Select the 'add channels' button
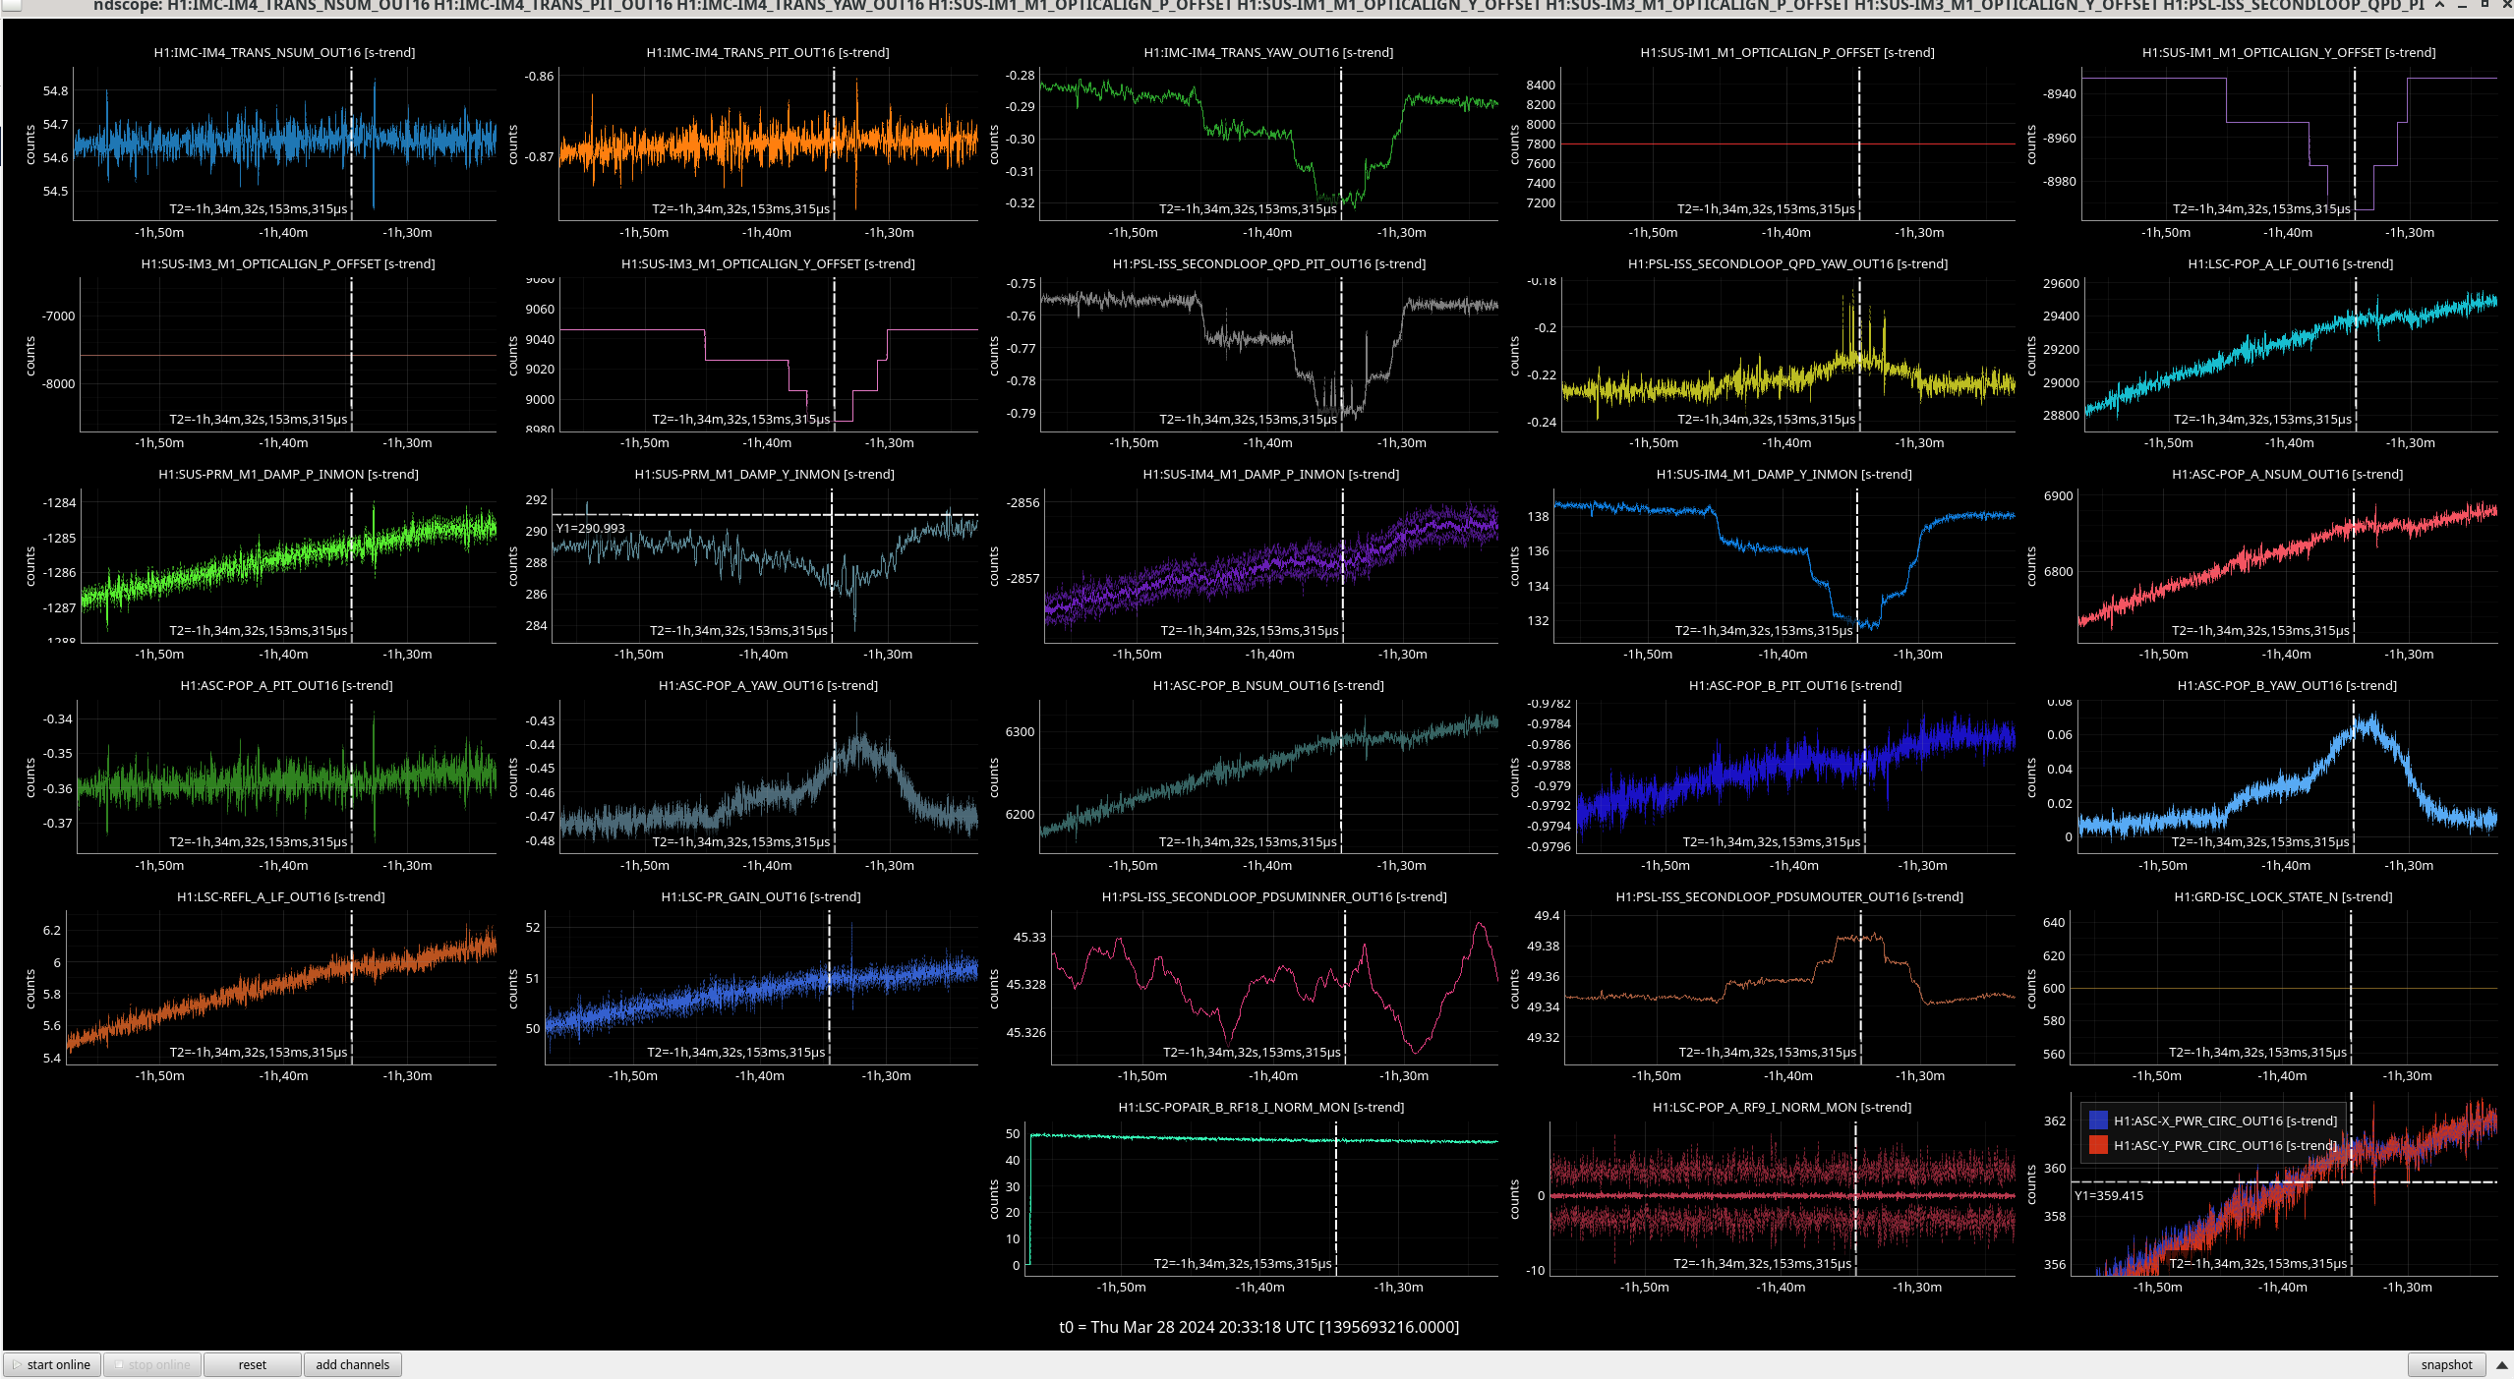[x=352, y=1364]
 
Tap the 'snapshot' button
[x=2445, y=1364]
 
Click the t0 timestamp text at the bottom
[x=1258, y=1327]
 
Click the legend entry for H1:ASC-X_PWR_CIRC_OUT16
[x=2225, y=1120]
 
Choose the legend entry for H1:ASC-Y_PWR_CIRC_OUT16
[x=2225, y=1145]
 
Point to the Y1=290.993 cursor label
[x=591, y=529]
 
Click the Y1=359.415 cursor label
[x=2109, y=1196]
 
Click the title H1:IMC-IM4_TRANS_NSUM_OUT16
[x=284, y=53]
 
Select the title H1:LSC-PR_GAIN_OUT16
[x=760, y=897]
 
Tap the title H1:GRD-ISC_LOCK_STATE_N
[x=2283, y=897]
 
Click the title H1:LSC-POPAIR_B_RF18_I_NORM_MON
[x=1260, y=1108]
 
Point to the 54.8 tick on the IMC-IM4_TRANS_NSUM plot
[x=56, y=91]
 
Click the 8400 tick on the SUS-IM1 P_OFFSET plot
[x=1541, y=86]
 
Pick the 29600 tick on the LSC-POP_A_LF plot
[x=2062, y=284]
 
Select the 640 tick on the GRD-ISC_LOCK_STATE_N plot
[x=2054, y=923]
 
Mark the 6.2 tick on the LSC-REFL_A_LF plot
[x=52, y=931]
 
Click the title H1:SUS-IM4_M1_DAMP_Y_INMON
[x=1783, y=475]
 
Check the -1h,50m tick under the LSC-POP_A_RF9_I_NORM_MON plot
[x=1645, y=1288]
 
